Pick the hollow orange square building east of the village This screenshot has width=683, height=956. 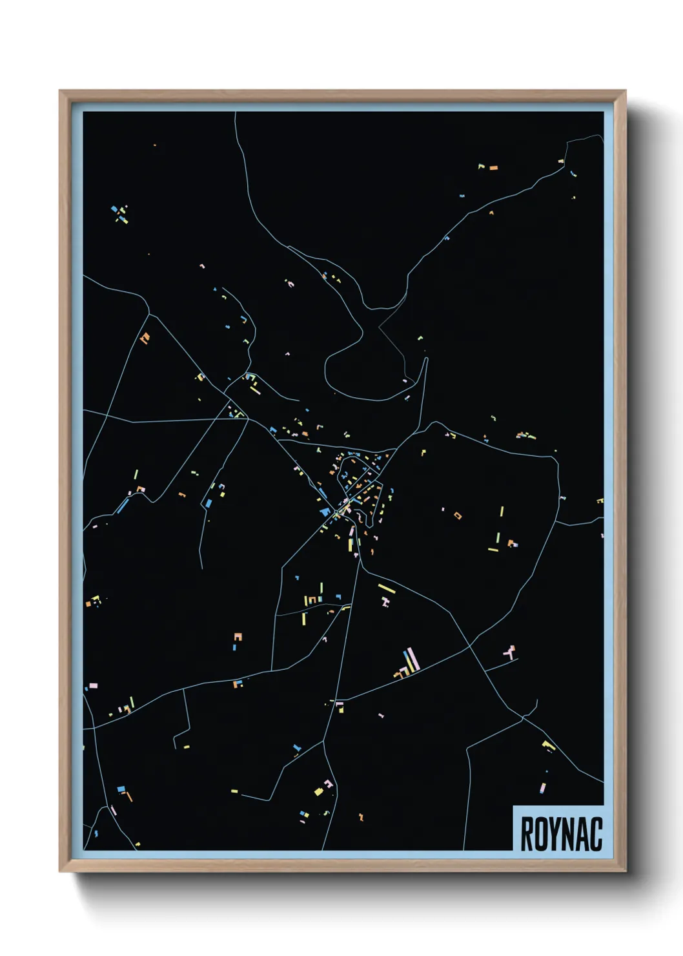[458, 515]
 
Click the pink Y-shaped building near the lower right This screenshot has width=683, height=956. [510, 652]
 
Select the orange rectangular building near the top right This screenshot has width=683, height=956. [493, 168]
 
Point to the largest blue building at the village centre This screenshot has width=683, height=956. [324, 512]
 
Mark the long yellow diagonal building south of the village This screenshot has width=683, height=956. [386, 588]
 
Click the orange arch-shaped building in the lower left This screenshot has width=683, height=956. [238, 637]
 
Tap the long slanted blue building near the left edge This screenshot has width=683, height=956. [121, 506]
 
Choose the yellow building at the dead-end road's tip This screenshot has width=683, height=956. [186, 747]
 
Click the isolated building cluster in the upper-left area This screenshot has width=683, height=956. [120, 214]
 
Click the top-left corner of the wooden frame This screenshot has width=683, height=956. [61, 92]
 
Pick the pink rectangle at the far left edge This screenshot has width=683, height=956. [93, 685]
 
